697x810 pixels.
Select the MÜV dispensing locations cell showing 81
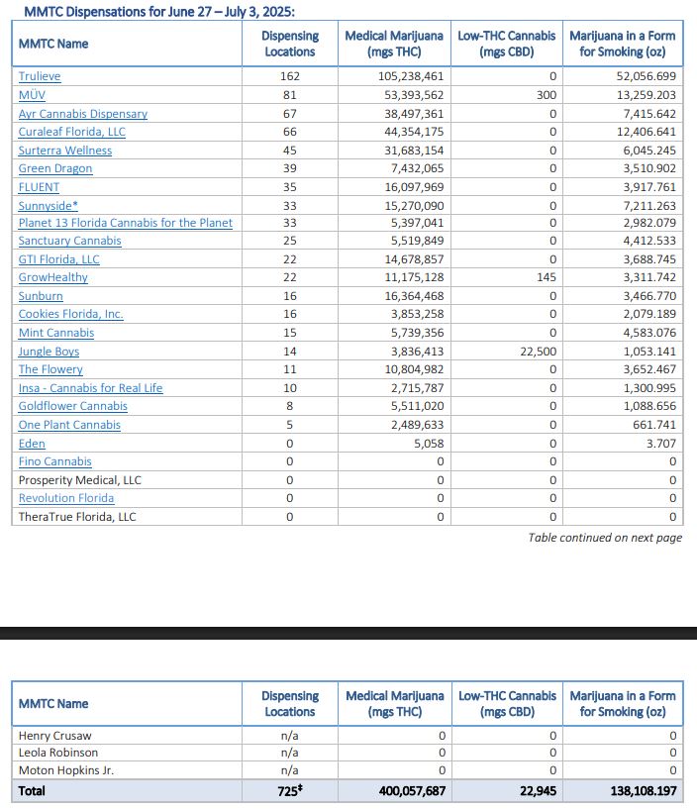coord(290,95)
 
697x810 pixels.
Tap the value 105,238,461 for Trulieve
coord(410,76)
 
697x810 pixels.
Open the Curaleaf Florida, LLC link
coord(71,132)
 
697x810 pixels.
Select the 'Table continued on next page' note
coord(605,538)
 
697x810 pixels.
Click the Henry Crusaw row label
coord(54,736)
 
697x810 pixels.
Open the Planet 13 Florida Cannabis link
coord(125,223)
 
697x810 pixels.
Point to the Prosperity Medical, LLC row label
coord(79,480)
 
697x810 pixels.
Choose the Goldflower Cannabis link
coord(72,406)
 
